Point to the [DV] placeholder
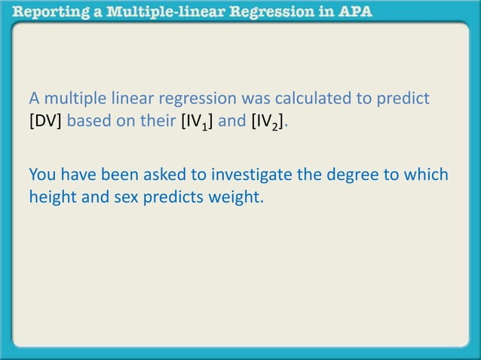click(45, 121)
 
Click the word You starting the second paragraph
click(41, 175)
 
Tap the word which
click(427, 175)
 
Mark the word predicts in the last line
click(170, 198)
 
